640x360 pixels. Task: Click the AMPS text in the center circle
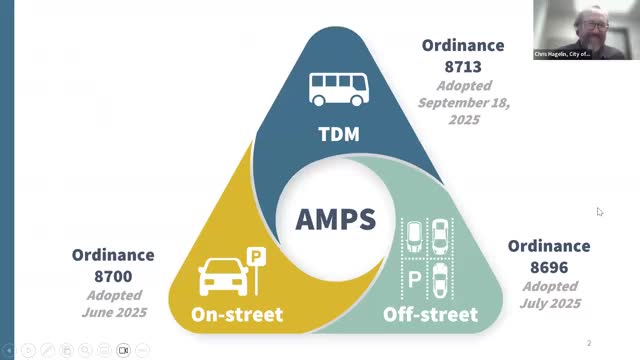click(336, 218)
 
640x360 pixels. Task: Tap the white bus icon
click(337, 88)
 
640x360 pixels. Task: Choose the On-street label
click(237, 315)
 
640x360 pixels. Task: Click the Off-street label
click(430, 315)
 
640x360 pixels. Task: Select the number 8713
click(463, 65)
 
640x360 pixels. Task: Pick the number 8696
click(549, 265)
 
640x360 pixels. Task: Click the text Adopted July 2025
click(549, 294)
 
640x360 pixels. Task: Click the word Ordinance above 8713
click(463, 46)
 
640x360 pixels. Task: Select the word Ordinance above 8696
click(549, 246)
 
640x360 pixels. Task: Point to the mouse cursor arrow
click(599, 211)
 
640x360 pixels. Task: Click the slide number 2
click(589, 343)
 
